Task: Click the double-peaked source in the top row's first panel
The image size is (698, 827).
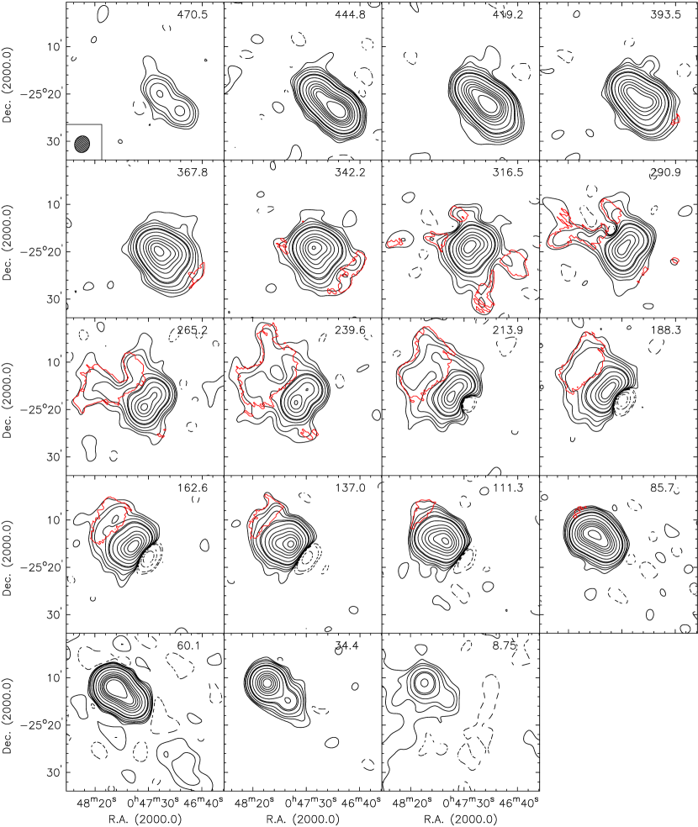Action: pyautogui.click(x=169, y=101)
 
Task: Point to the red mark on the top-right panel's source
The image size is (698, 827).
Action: pyautogui.click(x=677, y=120)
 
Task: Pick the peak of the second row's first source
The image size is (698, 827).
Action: pyautogui.click(x=161, y=250)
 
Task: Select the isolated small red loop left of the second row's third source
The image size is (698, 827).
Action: pyautogui.click(x=393, y=244)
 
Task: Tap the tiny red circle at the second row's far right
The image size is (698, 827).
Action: pyautogui.click(x=674, y=261)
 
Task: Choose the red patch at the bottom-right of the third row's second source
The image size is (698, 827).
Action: pyautogui.click(x=309, y=433)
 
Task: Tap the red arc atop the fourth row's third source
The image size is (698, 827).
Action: pyautogui.click(x=423, y=506)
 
